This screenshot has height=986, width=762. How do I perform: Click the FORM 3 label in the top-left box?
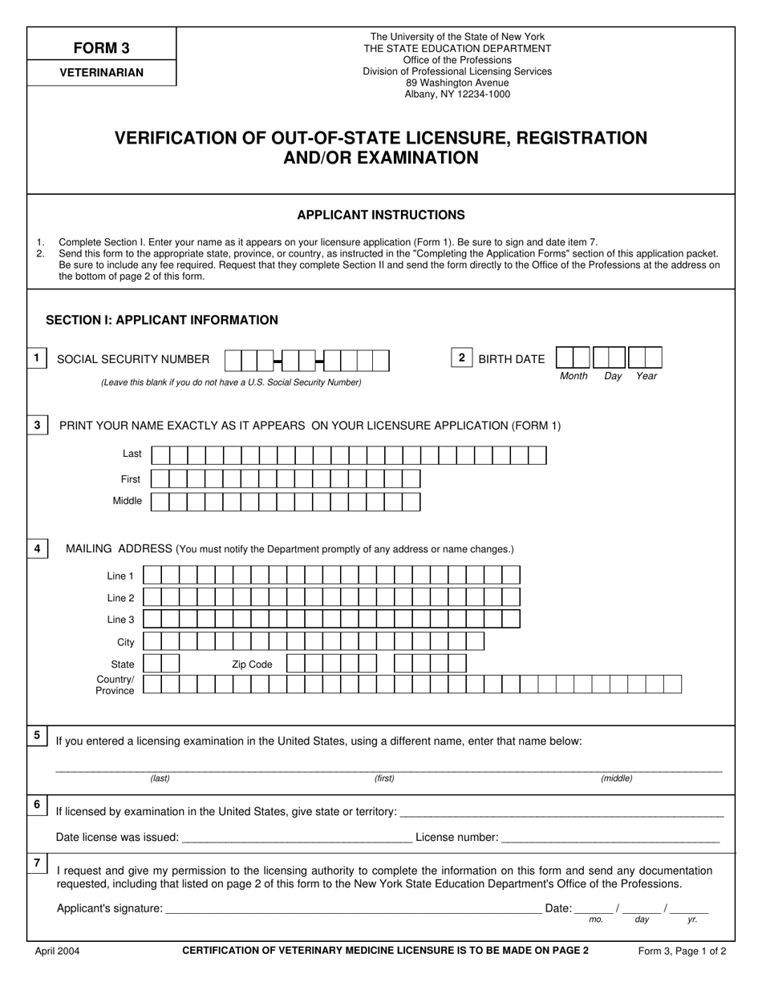pos(102,47)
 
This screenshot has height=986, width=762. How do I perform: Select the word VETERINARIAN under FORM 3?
pos(102,73)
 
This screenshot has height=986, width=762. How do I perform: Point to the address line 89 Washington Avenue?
pos(457,83)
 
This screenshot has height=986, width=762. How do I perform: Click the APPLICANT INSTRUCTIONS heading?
pos(381,215)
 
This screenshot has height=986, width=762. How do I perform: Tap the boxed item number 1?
pos(37,358)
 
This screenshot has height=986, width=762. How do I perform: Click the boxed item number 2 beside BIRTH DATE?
pos(461,358)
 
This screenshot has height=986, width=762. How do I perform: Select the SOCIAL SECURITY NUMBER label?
pos(133,360)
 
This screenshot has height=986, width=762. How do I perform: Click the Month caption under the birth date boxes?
pos(574,376)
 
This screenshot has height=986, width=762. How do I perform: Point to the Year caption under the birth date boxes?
pos(646,376)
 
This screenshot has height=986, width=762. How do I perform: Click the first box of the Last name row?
pos(160,456)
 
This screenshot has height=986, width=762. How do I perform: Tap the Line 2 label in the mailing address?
pos(120,598)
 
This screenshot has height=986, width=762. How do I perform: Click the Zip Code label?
pos(252,665)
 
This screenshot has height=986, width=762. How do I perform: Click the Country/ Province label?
pos(116,685)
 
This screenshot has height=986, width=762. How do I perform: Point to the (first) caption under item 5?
pos(384,778)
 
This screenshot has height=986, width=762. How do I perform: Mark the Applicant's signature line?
pos(353,909)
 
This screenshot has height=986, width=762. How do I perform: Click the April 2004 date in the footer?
pos(57,952)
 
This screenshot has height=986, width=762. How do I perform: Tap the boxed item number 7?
pos(37,863)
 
